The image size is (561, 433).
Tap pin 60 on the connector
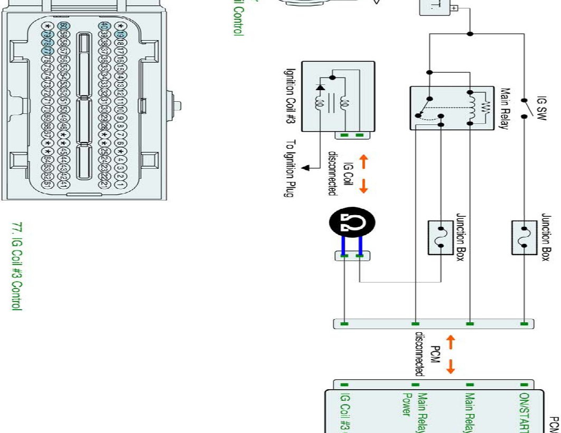[x=63, y=26]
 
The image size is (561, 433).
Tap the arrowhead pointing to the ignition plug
[x=305, y=168]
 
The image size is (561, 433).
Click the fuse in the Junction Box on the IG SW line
[x=524, y=238]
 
